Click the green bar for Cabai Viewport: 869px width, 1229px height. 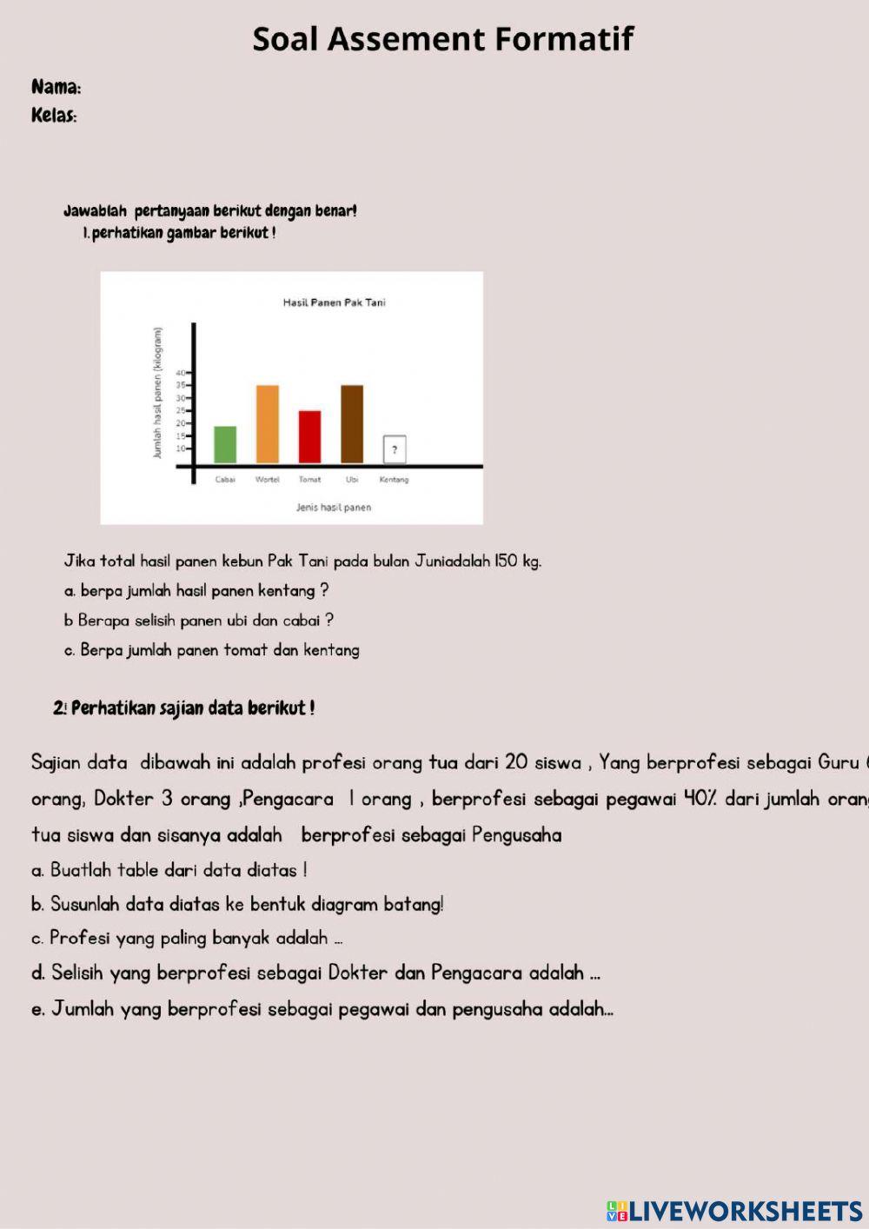pyautogui.click(x=225, y=444)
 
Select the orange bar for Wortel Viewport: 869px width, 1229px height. pyautogui.click(x=268, y=424)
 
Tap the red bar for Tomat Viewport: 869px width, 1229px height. pyautogui.click(x=309, y=436)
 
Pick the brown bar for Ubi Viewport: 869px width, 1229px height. pyautogui.click(x=352, y=424)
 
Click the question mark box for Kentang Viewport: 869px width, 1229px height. pyautogui.click(x=395, y=449)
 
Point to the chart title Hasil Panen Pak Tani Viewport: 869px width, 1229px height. pyautogui.click(x=334, y=302)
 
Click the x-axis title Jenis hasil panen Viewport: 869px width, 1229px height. pyautogui.click(x=334, y=508)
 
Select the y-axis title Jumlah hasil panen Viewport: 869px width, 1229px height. pyautogui.click(x=157, y=393)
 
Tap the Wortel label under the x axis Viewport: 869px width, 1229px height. pyautogui.click(x=268, y=480)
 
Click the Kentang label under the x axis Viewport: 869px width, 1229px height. pyautogui.click(x=394, y=480)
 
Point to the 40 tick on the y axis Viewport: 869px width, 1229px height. pyautogui.click(x=182, y=373)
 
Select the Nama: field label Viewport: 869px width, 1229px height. pyautogui.click(x=56, y=87)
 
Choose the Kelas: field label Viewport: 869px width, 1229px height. pyautogui.click(x=54, y=116)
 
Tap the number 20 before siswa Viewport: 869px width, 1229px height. pyautogui.click(x=516, y=762)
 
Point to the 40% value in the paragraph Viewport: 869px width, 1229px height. pyautogui.click(x=700, y=799)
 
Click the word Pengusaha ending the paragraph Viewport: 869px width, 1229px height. pyautogui.click(x=517, y=835)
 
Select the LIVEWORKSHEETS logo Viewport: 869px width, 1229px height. pyautogui.click(x=734, y=1211)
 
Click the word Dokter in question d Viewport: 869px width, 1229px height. pyautogui.click(x=359, y=973)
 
